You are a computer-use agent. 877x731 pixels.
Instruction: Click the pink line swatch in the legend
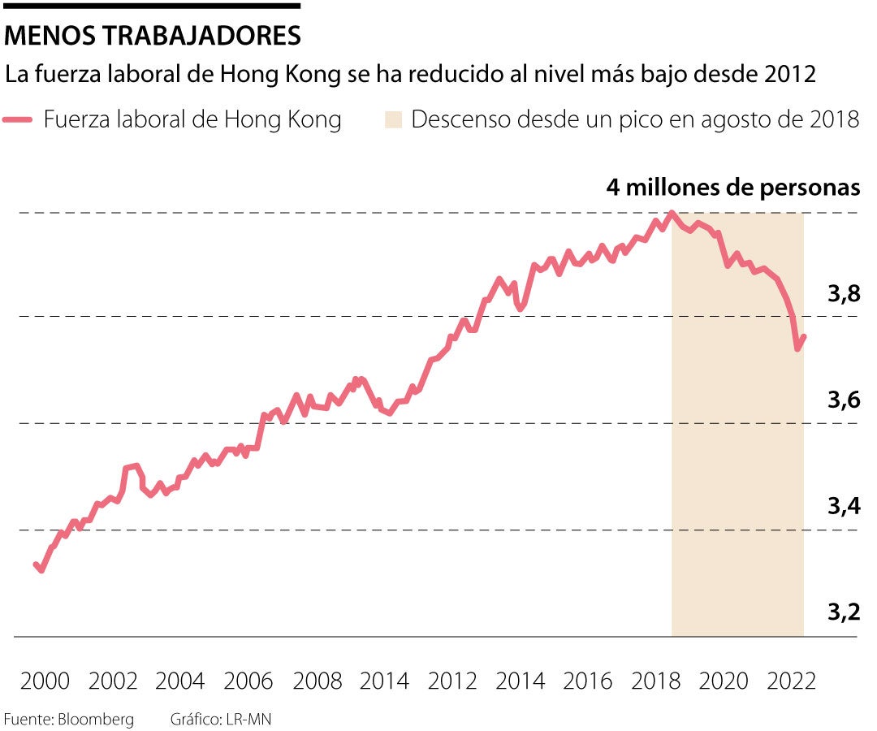tap(18, 120)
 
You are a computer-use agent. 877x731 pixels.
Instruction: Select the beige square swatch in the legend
tap(394, 120)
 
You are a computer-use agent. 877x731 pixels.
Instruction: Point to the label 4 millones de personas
tap(732, 188)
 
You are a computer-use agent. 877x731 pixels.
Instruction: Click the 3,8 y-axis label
tap(844, 295)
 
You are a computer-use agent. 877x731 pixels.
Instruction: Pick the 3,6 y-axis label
tap(844, 401)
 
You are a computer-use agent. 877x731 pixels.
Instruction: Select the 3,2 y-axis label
tap(844, 612)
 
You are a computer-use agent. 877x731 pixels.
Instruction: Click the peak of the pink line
tap(672, 214)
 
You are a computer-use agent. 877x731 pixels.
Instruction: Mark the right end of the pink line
tap(804, 336)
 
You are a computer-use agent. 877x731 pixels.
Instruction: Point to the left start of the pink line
tap(36, 564)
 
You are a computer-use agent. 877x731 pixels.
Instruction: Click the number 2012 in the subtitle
tap(789, 76)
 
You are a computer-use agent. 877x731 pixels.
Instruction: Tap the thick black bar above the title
tap(152, 6)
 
